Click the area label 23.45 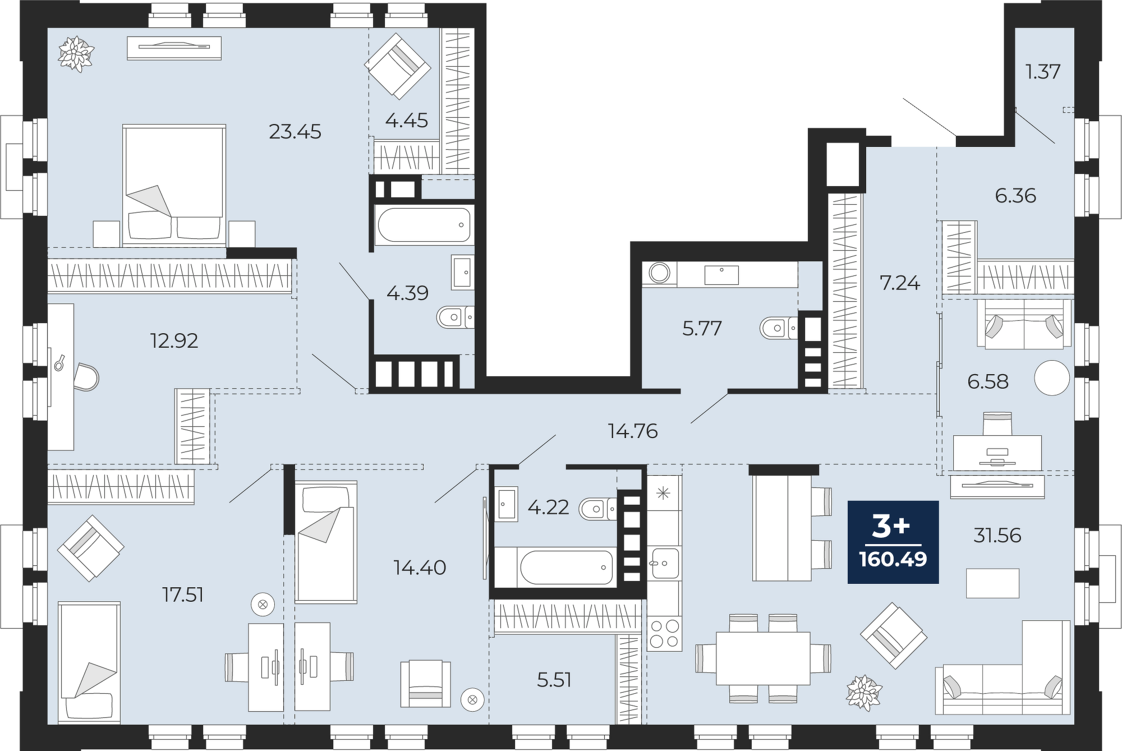click(295, 132)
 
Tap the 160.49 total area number click(893, 559)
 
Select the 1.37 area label click(1043, 72)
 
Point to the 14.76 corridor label click(632, 431)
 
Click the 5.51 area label click(554, 680)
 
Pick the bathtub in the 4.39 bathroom click(424, 225)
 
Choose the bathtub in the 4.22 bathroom click(567, 567)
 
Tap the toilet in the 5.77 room click(778, 328)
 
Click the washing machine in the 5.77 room click(660, 274)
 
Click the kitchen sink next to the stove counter click(664, 563)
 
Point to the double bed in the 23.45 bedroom click(174, 185)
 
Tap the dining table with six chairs click(763, 658)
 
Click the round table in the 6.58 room click(1052, 378)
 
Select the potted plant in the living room click(863, 693)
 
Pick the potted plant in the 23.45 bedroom click(76, 54)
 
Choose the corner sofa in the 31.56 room click(1003, 667)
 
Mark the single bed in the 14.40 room click(326, 542)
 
